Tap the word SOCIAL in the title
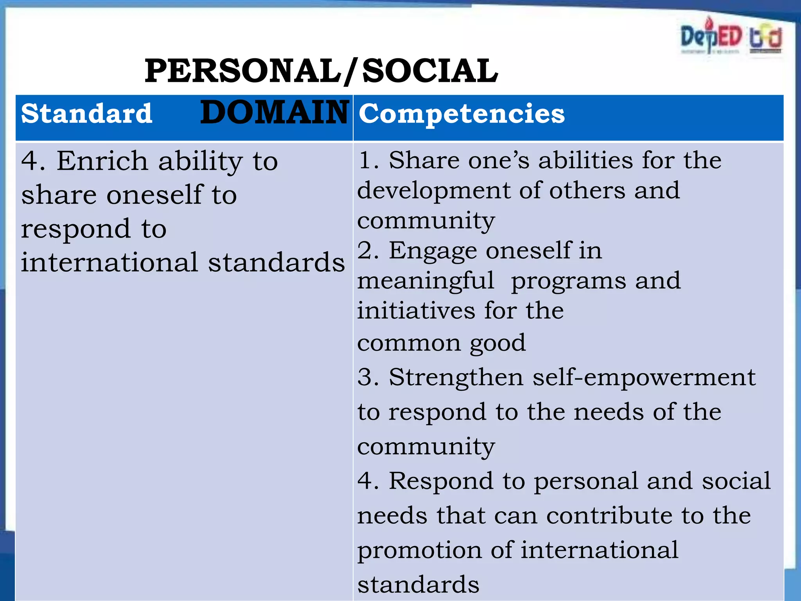pyautogui.click(x=430, y=71)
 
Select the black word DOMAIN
pyautogui.click(x=274, y=112)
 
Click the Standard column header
pyautogui.click(x=86, y=114)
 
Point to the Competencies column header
pyautogui.click(x=462, y=114)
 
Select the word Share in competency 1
pyautogui.click(x=424, y=160)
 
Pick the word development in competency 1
pyautogui.click(x=434, y=191)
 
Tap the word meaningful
pyautogui.click(x=426, y=281)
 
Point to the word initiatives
pyautogui.click(x=416, y=311)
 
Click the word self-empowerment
pyautogui.click(x=644, y=378)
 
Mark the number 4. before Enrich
pyautogui.click(x=33, y=161)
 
